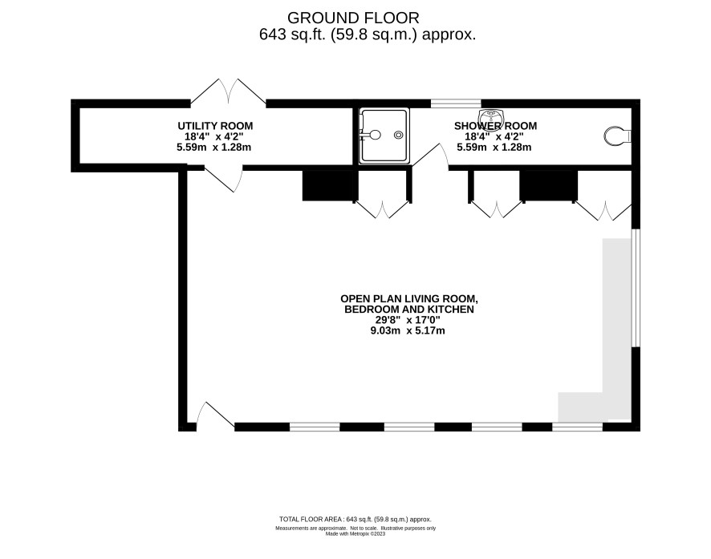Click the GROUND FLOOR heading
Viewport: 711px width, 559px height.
(353, 18)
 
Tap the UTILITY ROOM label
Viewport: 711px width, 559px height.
(215, 126)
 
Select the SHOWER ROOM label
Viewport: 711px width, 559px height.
(496, 126)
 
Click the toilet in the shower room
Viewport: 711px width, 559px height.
(617, 136)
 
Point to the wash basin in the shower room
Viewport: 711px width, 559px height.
(490, 116)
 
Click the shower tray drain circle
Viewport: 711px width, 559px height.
(399, 135)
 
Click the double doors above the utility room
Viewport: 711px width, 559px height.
(228, 91)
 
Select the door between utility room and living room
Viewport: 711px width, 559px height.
(223, 179)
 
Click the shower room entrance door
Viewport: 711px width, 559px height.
(430, 156)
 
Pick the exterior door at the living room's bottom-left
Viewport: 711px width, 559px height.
(215, 415)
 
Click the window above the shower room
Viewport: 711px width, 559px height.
(456, 103)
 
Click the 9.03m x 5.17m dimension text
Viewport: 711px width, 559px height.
(408, 330)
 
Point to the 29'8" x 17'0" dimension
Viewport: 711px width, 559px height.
(408, 320)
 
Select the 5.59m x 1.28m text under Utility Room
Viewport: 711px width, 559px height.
(214, 148)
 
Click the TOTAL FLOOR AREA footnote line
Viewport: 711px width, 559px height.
(355, 520)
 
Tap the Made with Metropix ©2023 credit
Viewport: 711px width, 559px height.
(355, 533)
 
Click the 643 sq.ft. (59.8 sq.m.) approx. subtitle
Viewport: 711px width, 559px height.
(368, 34)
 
